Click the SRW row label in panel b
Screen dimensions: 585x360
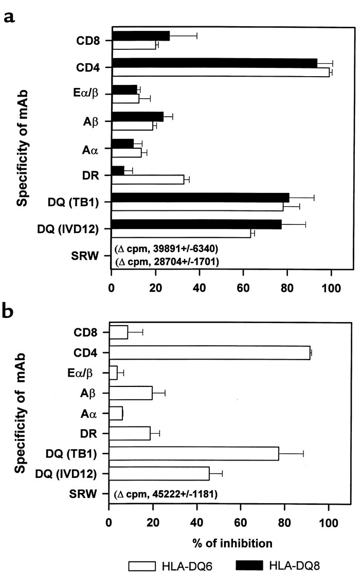coord(83,494)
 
